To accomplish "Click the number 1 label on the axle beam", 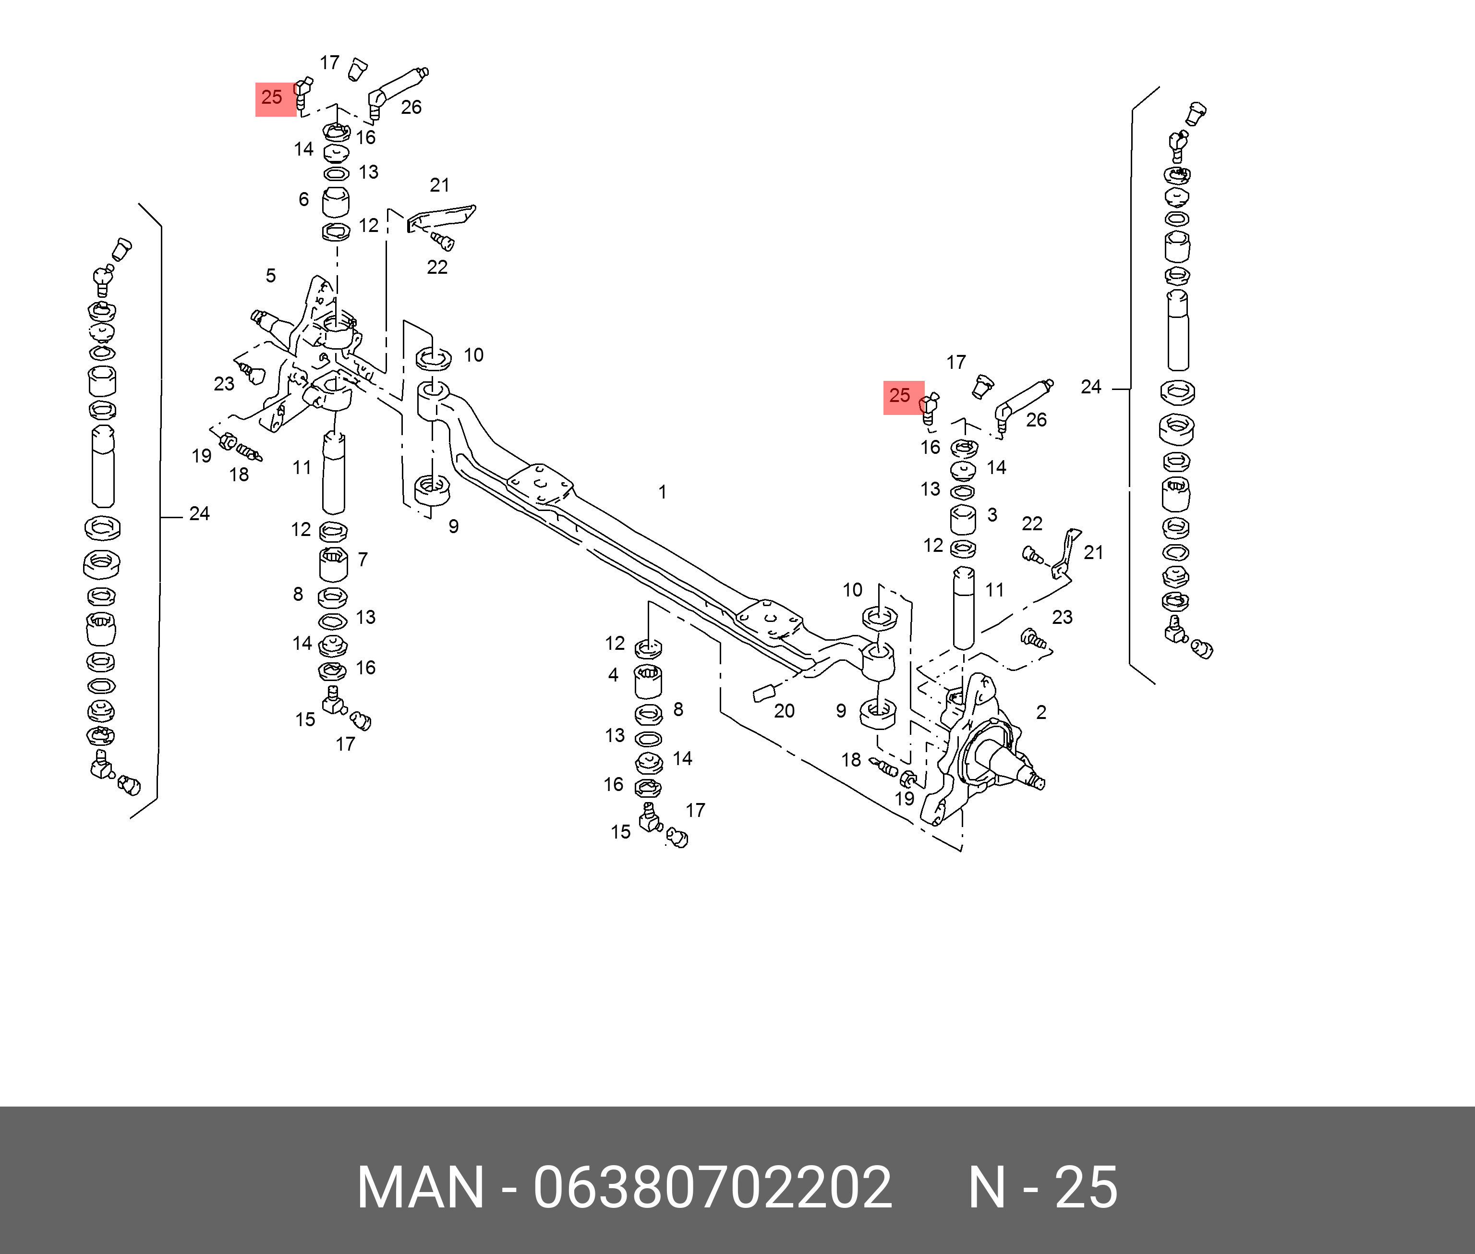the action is (662, 492).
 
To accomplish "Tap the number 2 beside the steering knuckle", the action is (1041, 712).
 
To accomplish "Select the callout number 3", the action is (992, 515).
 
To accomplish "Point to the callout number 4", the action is (613, 675).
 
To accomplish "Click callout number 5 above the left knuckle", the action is (271, 275).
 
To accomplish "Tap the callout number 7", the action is (363, 560).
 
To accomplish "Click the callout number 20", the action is (785, 711).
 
